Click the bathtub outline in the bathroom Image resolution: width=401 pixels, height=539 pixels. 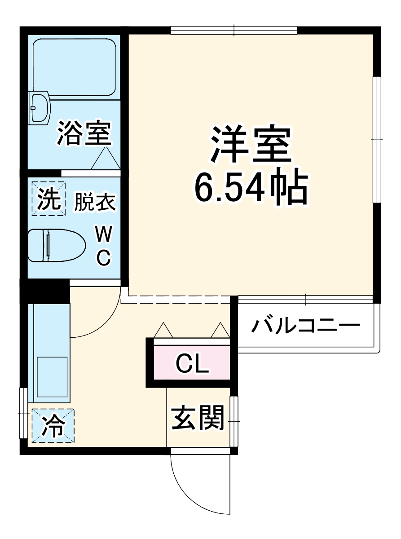click(75, 66)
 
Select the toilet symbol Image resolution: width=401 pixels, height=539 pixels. click(56, 245)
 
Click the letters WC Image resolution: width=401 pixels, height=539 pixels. click(104, 245)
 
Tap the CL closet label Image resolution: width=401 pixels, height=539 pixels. click(192, 364)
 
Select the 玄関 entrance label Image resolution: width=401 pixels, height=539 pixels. click(198, 418)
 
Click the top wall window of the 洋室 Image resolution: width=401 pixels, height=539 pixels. click(234, 31)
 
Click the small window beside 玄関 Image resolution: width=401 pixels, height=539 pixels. click(234, 421)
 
